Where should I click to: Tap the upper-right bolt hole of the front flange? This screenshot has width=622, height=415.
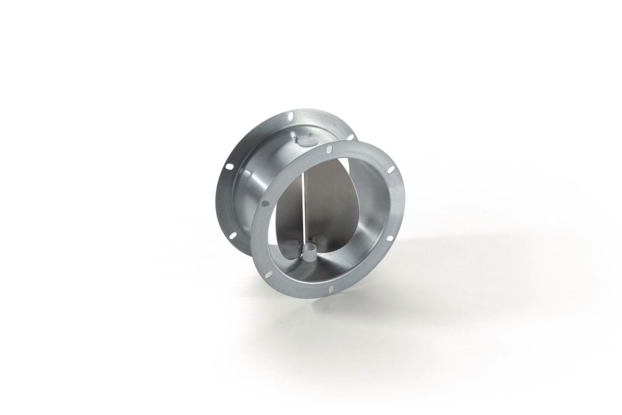(387, 166)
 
